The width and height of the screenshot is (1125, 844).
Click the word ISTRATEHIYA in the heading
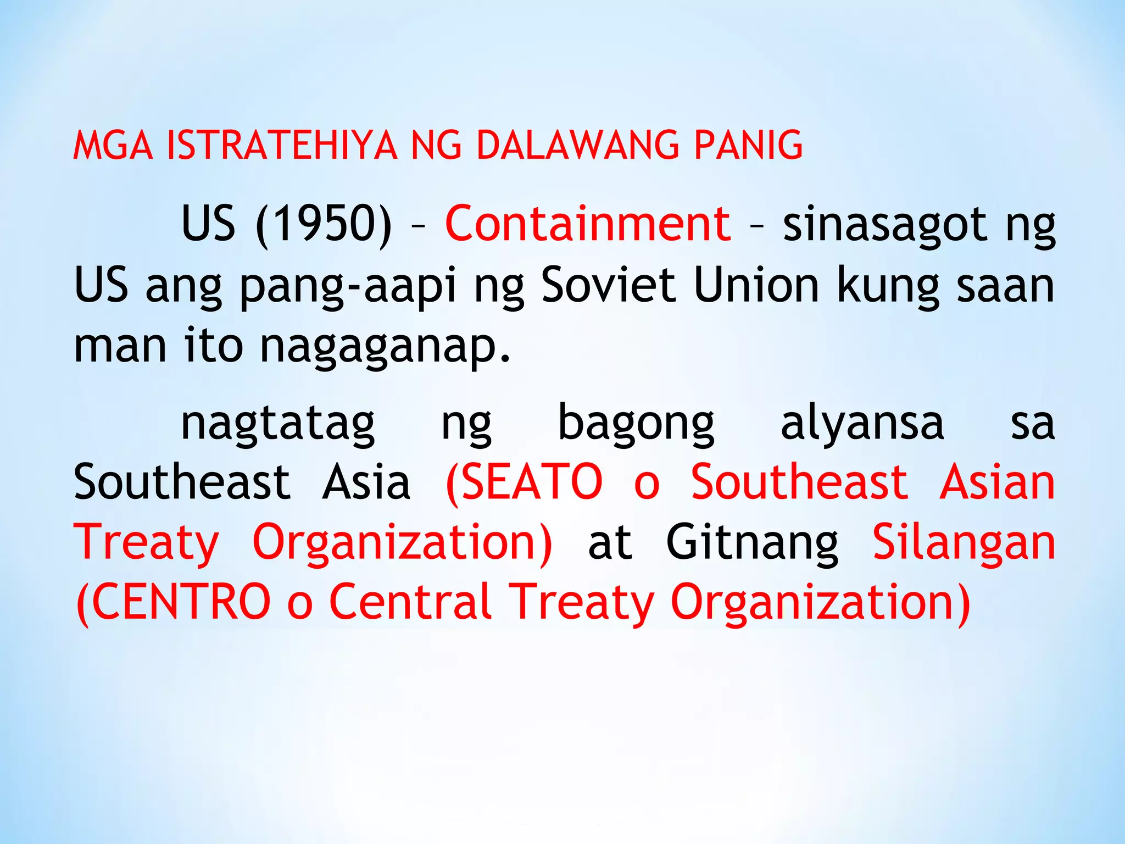click(281, 145)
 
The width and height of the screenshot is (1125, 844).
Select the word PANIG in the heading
click(748, 145)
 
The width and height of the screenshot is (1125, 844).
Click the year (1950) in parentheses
click(324, 223)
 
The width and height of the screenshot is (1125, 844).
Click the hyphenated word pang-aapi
click(348, 286)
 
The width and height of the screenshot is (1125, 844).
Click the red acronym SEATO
click(531, 482)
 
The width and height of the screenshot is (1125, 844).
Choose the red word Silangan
click(964, 543)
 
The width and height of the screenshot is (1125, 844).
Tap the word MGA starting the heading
click(113, 145)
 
